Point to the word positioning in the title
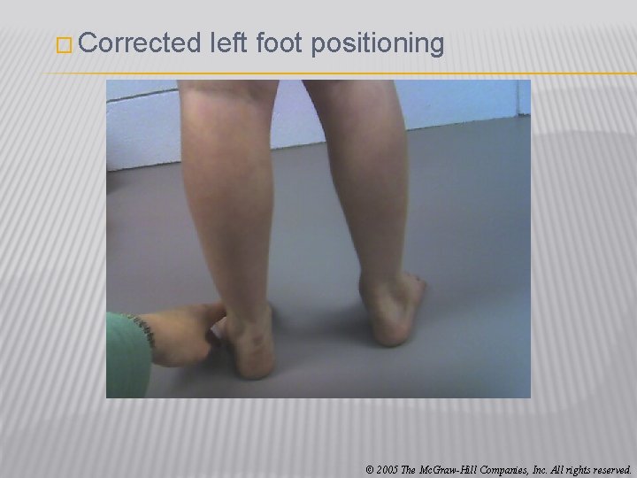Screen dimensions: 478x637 pos(379,44)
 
